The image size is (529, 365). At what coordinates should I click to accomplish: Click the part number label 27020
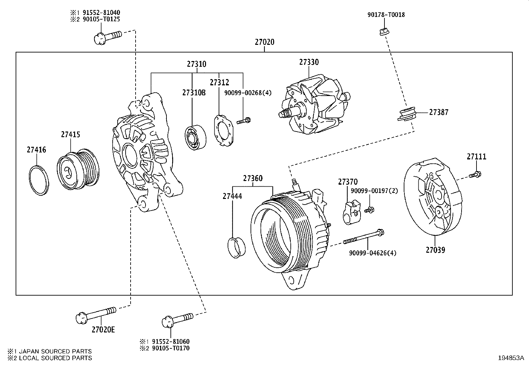point(264,42)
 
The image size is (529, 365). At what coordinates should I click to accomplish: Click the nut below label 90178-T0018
point(384,32)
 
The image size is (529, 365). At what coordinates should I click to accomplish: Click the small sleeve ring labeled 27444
point(236,247)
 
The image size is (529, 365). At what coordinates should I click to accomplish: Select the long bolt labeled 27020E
point(96,314)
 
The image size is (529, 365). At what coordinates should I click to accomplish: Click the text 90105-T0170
point(171,348)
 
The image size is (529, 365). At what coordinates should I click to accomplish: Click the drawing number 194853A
point(510,358)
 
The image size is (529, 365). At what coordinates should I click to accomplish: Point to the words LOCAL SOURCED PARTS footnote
point(55,358)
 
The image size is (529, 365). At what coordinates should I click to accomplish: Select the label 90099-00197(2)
point(373,191)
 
